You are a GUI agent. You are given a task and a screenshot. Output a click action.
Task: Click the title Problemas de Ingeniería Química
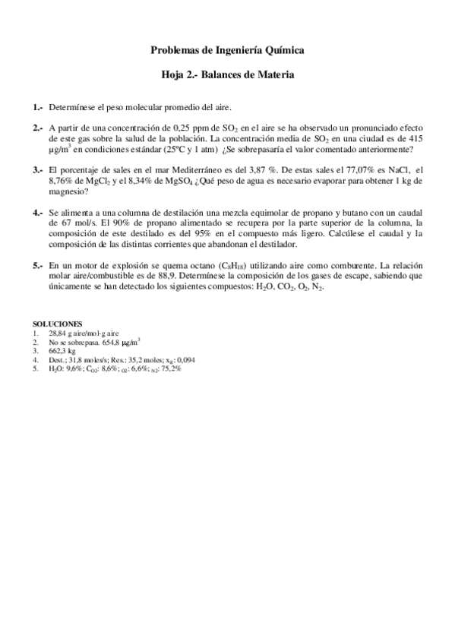click(228, 51)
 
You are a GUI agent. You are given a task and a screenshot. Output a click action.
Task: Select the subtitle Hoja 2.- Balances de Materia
click(228, 76)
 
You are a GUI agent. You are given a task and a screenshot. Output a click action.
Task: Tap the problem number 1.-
click(38, 108)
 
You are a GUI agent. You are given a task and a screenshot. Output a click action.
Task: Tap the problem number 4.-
click(38, 214)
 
